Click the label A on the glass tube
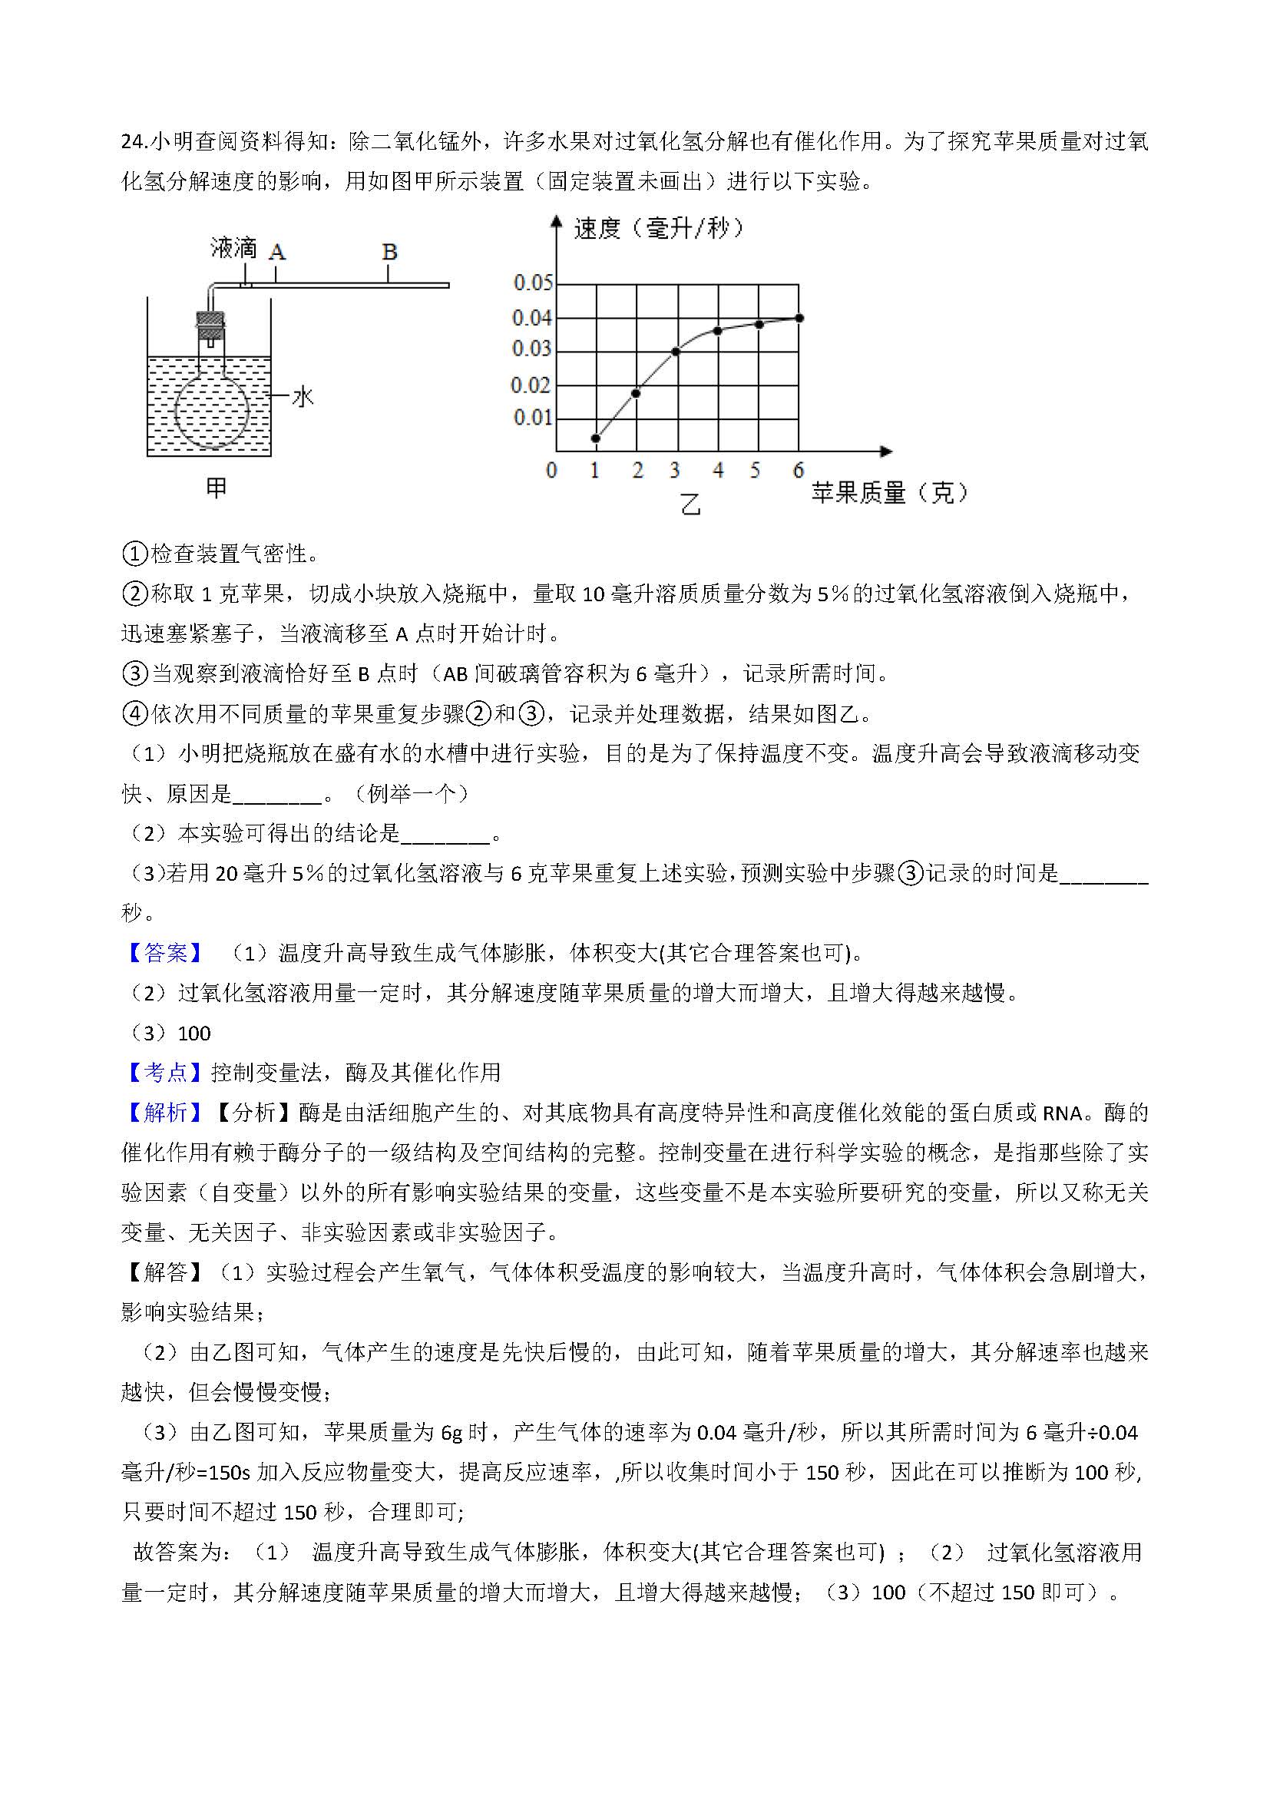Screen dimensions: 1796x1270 coord(277,252)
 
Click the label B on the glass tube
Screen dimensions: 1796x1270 coord(389,252)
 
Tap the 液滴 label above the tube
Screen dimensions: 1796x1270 coord(233,248)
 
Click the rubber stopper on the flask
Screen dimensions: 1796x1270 coord(210,325)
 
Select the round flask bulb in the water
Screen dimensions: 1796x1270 coord(211,411)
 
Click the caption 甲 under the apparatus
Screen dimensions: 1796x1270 coord(216,488)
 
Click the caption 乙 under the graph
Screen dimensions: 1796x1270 coord(690,504)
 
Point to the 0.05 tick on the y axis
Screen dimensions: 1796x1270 coord(533,283)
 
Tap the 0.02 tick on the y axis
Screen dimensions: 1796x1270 coord(531,385)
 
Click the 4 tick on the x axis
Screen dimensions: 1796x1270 coord(718,470)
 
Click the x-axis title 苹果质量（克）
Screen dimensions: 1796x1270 coord(889,492)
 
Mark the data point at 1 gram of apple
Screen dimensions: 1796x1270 coord(596,438)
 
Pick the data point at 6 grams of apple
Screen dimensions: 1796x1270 coord(799,318)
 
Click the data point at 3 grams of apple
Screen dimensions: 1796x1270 coord(676,351)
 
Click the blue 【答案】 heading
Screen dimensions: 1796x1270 coord(165,953)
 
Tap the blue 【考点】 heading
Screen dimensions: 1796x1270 coord(165,1073)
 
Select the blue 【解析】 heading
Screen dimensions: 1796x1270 coord(165,1113)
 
